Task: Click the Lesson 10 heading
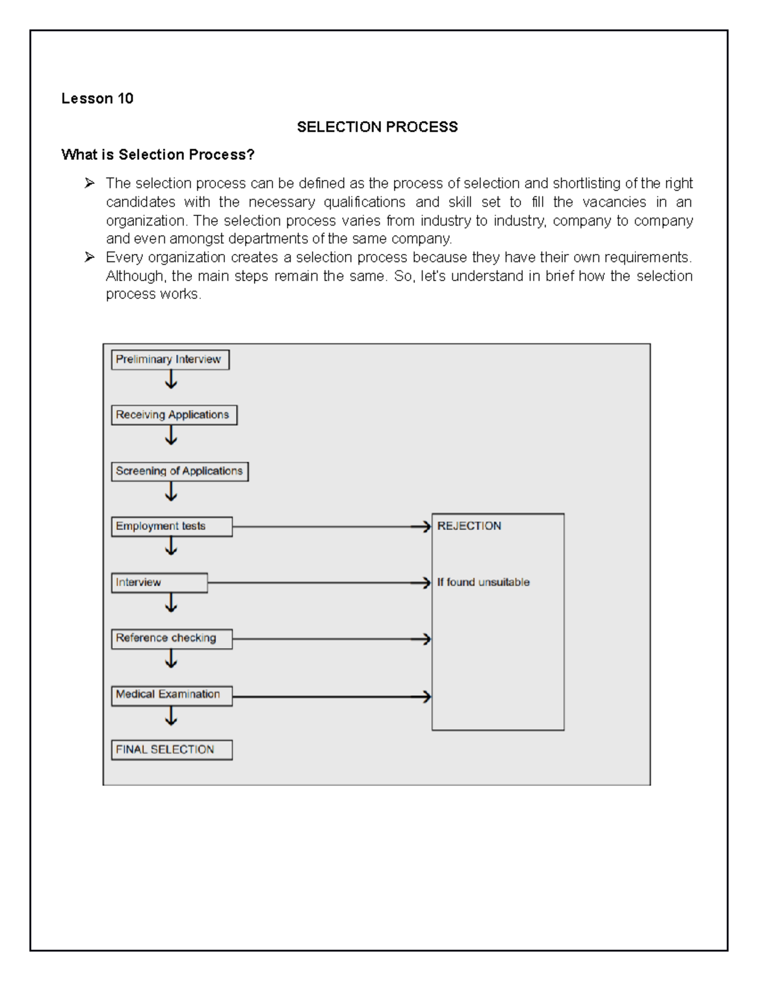(x=97, y=99)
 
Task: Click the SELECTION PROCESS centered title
(x=377, y=127)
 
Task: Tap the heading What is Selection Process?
(x=157, y=155)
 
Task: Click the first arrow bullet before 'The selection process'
(x=90, y=183)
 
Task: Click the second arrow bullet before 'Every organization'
(x=90, y=257)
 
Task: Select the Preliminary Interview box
(x=170, y=359)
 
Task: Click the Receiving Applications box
(x=174, y=415)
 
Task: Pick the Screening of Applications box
(x=179, y=471)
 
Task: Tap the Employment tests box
(x=171, y=526)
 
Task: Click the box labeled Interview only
(x=159, y=582)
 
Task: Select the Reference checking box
(x=171, y=639)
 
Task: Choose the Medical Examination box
(x=171, y=695)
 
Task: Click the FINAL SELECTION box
(x=171, y=750)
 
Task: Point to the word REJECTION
(x=469, y=526)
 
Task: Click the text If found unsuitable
(x=483, y=582)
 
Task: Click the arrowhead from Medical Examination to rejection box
(x=426, y=697)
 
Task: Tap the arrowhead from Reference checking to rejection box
(x=426, y=639)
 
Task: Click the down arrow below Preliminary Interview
(x=171, y=380)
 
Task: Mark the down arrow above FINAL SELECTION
(x=171, y=717)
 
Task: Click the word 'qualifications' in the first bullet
(x=364, y=202)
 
